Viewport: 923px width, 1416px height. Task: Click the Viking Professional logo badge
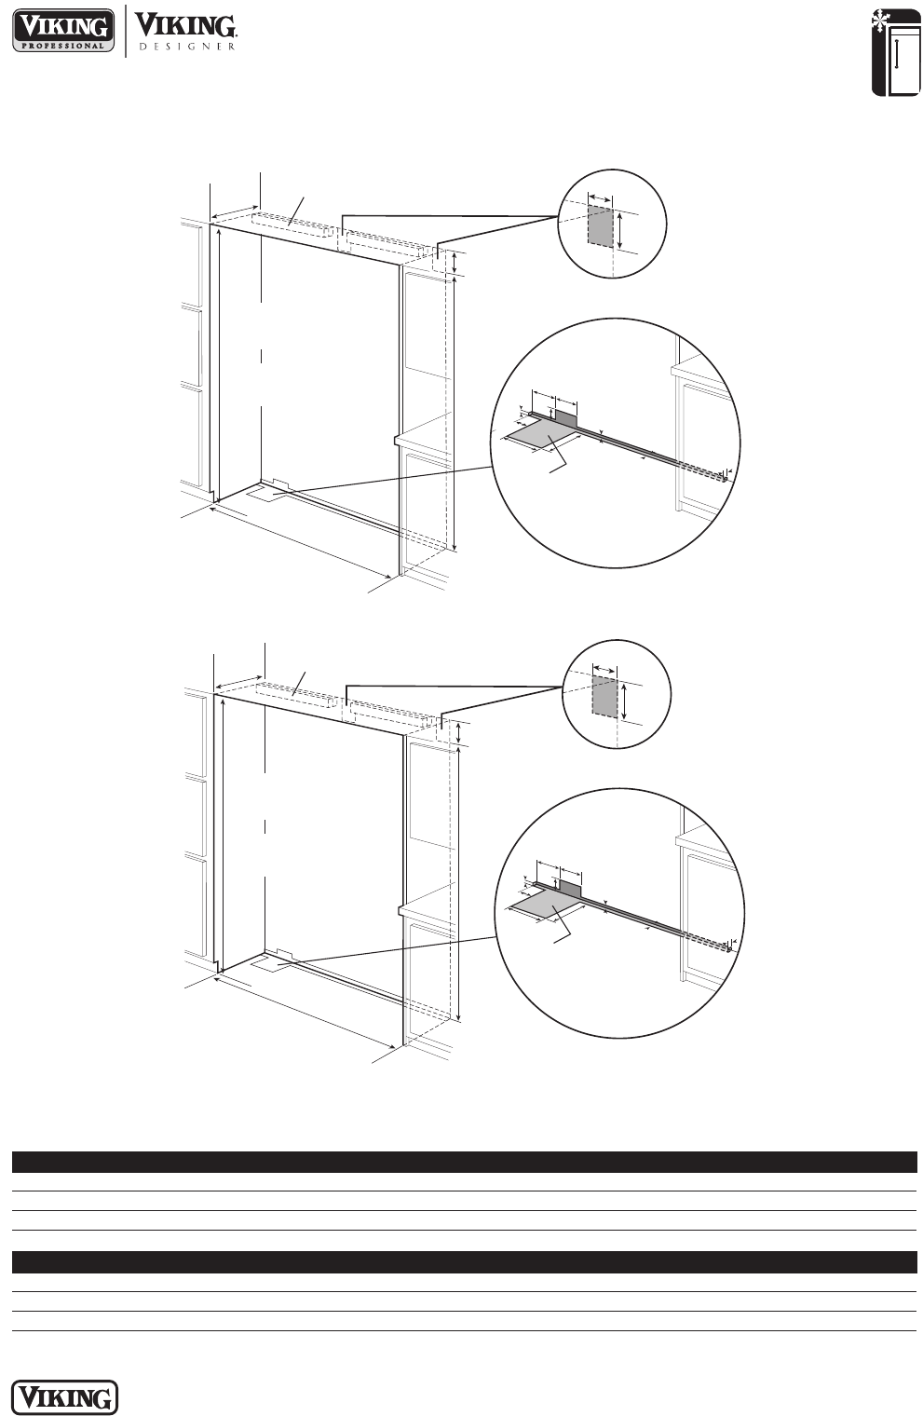point(63,31)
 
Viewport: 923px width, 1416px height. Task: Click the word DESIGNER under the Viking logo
point(187,47)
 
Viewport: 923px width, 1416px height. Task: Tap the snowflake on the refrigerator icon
point(879,22)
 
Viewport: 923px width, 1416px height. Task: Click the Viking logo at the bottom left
point(65,1397)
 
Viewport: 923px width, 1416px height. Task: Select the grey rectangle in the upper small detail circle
point(600,225)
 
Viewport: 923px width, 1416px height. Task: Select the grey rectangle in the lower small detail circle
point(604,695)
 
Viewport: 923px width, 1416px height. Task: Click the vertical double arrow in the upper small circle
point(620,231)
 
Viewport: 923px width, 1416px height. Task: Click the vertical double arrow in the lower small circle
point(625,701)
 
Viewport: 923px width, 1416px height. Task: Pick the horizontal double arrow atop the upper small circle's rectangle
point(600,199)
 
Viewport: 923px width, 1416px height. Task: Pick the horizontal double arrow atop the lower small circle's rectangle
point(604,670)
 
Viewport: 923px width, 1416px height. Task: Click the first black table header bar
point(465,1162)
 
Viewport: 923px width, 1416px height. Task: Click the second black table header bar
point(465,1261)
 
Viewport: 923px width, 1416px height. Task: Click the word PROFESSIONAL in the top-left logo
point(63,46)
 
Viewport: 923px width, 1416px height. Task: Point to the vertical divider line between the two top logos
point(125,31)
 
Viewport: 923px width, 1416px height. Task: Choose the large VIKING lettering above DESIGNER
point(186,25)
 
